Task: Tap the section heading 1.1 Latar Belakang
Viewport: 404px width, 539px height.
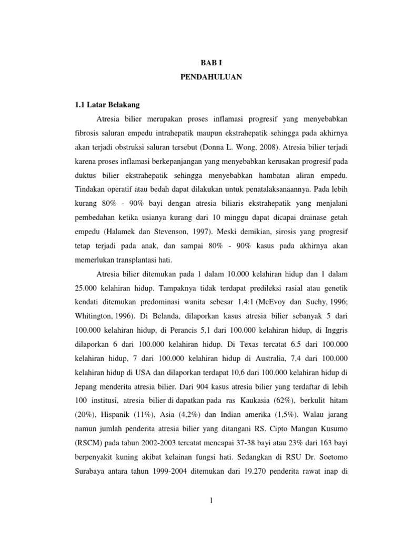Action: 106,104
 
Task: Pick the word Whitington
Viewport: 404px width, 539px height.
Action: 92,316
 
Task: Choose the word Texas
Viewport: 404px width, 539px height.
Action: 244,345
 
